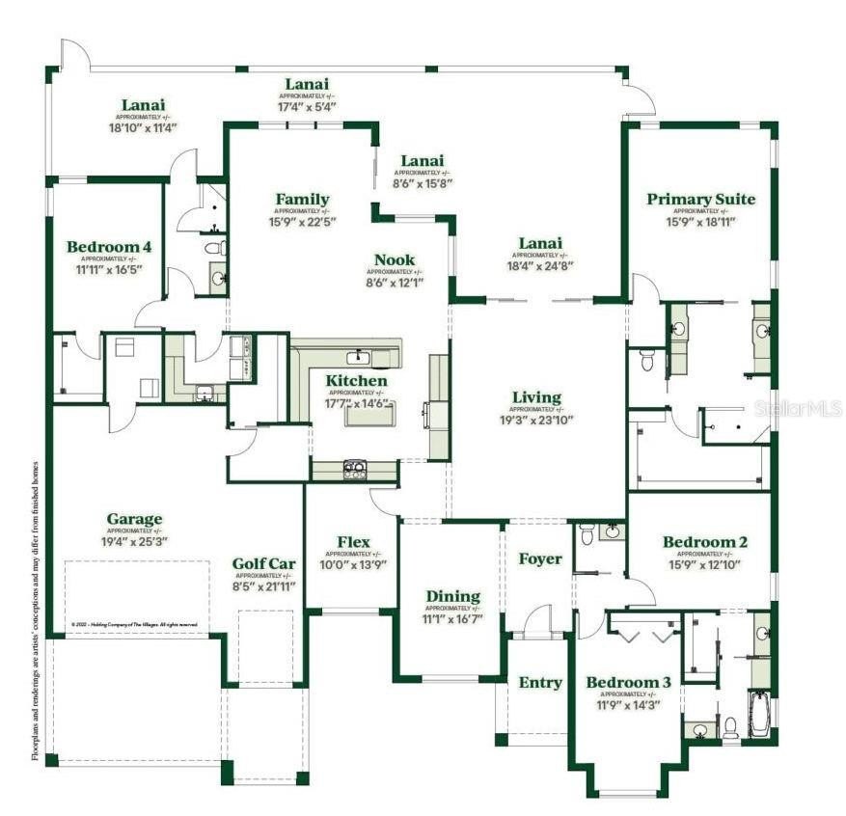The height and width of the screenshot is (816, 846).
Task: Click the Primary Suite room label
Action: click(700, 200)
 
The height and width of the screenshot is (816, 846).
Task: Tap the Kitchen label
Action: click(356, 381)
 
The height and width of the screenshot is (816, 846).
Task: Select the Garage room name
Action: click(134, 519)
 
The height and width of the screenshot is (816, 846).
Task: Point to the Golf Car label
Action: click(262, 563)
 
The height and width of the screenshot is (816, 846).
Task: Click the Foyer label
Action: click(540, 558)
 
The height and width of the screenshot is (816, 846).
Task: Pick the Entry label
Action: click(540, 682)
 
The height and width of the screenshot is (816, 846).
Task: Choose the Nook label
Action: click(395, 259)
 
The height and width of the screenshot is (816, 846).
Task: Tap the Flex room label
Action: click(353, 542)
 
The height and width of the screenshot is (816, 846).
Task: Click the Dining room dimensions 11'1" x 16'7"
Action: click(453, 617)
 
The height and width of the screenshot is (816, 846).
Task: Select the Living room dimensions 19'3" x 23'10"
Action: click(536, 420)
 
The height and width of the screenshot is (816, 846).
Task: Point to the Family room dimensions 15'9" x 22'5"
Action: click(302, 221)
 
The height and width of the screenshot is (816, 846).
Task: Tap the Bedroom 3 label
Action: click(628, 683)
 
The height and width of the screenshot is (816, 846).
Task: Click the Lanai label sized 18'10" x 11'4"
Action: click(143, 126)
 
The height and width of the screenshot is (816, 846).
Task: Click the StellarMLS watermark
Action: click(800, 408)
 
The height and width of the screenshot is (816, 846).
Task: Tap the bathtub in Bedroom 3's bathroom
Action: click(761, 714)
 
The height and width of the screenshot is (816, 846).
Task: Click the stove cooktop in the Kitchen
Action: click(355, 470)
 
